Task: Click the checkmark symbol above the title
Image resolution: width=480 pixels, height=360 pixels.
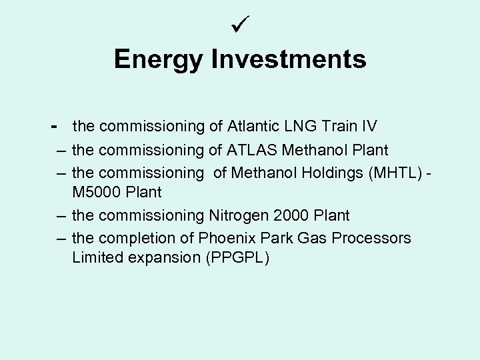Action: click(x=239, y=27)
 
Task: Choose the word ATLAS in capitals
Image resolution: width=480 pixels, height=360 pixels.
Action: click(x=259, y=150)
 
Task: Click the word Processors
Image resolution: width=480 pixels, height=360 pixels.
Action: click(x=371, y=238)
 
